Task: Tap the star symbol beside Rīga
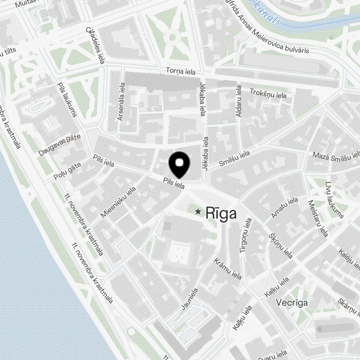[198, 212]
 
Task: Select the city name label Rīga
[221, 213]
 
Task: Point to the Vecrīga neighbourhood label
[292, 303]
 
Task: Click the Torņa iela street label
[181, 71]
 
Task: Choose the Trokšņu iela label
[268, 93]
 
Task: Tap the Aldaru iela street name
[238, 101]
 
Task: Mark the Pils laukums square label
[67, 100]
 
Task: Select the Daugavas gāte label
[59, 145]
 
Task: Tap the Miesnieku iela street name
[118, 202]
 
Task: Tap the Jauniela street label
[190, 299]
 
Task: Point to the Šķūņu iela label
[281, 246]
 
